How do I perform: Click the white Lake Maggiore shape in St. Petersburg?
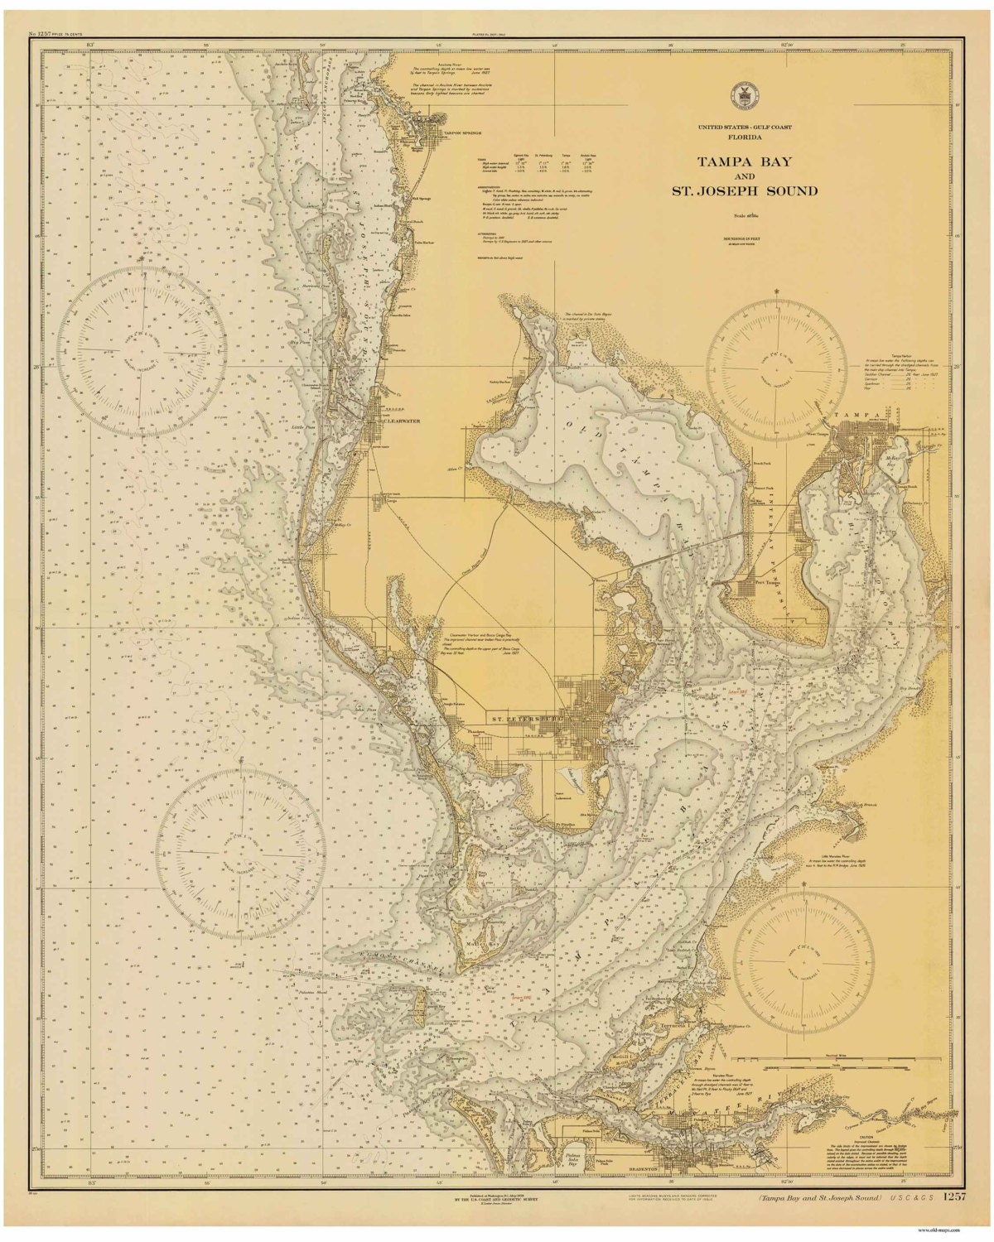coord(572,777)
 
